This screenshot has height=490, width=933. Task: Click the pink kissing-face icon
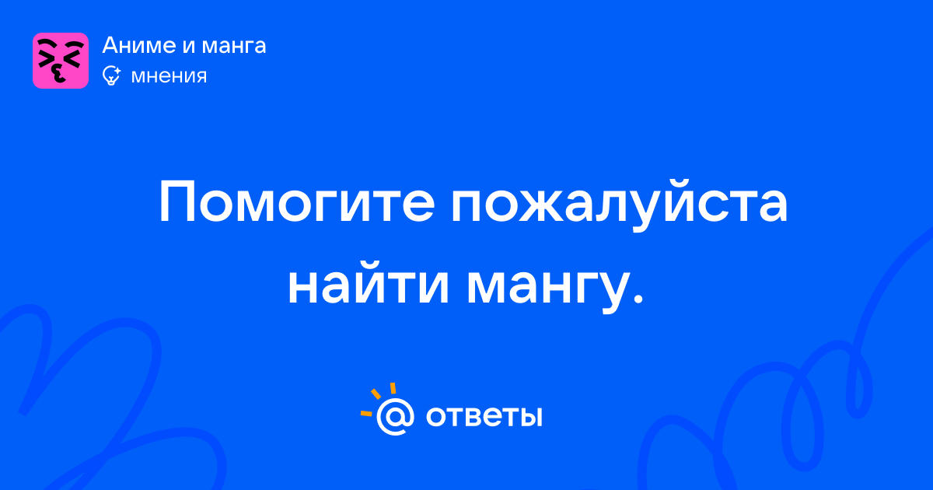point(61,61)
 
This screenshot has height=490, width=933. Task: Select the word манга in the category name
point(234,47)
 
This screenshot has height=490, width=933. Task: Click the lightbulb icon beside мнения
point(111,75)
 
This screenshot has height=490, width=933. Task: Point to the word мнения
point(169,77)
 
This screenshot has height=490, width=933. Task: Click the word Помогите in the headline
point(297,202)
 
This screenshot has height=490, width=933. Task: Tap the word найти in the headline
point(369,283)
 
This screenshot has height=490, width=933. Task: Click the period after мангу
point(637,298)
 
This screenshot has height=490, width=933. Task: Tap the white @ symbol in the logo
point(395,416)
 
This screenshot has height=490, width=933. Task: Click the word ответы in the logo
point(484,417)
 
